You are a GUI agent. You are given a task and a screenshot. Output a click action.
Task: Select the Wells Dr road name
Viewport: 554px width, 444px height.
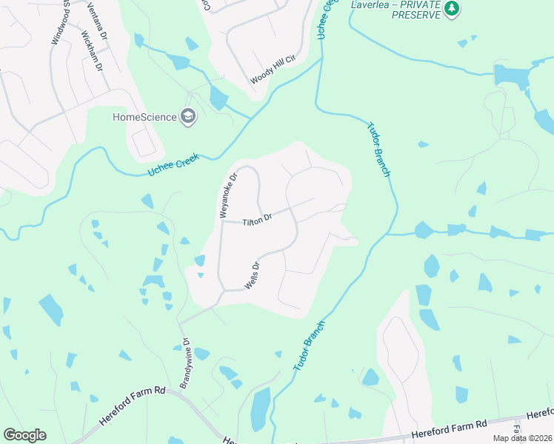[250, 275]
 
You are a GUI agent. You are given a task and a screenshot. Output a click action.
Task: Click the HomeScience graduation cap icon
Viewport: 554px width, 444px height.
[188, 116]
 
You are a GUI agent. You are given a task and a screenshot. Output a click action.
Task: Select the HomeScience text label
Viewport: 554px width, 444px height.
[144, 116]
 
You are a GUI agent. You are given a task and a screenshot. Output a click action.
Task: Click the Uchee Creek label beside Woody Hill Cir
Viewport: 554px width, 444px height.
[323, 20]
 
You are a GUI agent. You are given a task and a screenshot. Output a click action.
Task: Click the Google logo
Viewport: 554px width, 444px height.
[24, 435]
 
